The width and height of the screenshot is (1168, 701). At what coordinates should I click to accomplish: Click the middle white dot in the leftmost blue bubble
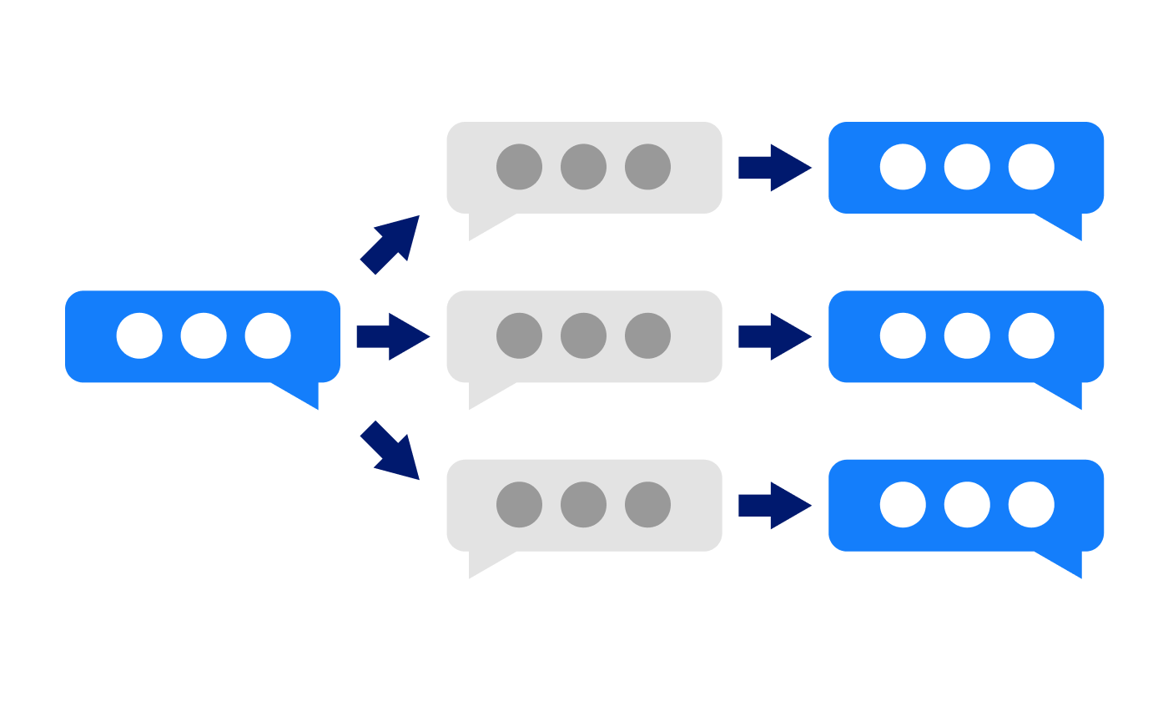[204, 335]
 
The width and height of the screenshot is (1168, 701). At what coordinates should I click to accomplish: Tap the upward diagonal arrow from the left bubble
[390, 244]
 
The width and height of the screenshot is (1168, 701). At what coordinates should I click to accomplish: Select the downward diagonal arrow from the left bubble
[390, 451]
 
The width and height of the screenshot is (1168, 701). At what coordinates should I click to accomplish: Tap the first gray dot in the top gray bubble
[519, 167]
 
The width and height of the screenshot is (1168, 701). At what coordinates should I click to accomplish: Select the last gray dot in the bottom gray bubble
[647, 504]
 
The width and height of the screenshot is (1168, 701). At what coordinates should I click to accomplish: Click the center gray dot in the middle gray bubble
[583, 335]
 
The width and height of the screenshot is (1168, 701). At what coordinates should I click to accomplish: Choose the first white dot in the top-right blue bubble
[903, 167]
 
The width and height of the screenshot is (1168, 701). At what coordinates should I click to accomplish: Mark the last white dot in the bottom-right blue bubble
[1031, 504]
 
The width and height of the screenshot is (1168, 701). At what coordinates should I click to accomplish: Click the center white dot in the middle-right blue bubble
[967, 335]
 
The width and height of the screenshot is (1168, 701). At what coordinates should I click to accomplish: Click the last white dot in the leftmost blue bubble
[268, 335]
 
